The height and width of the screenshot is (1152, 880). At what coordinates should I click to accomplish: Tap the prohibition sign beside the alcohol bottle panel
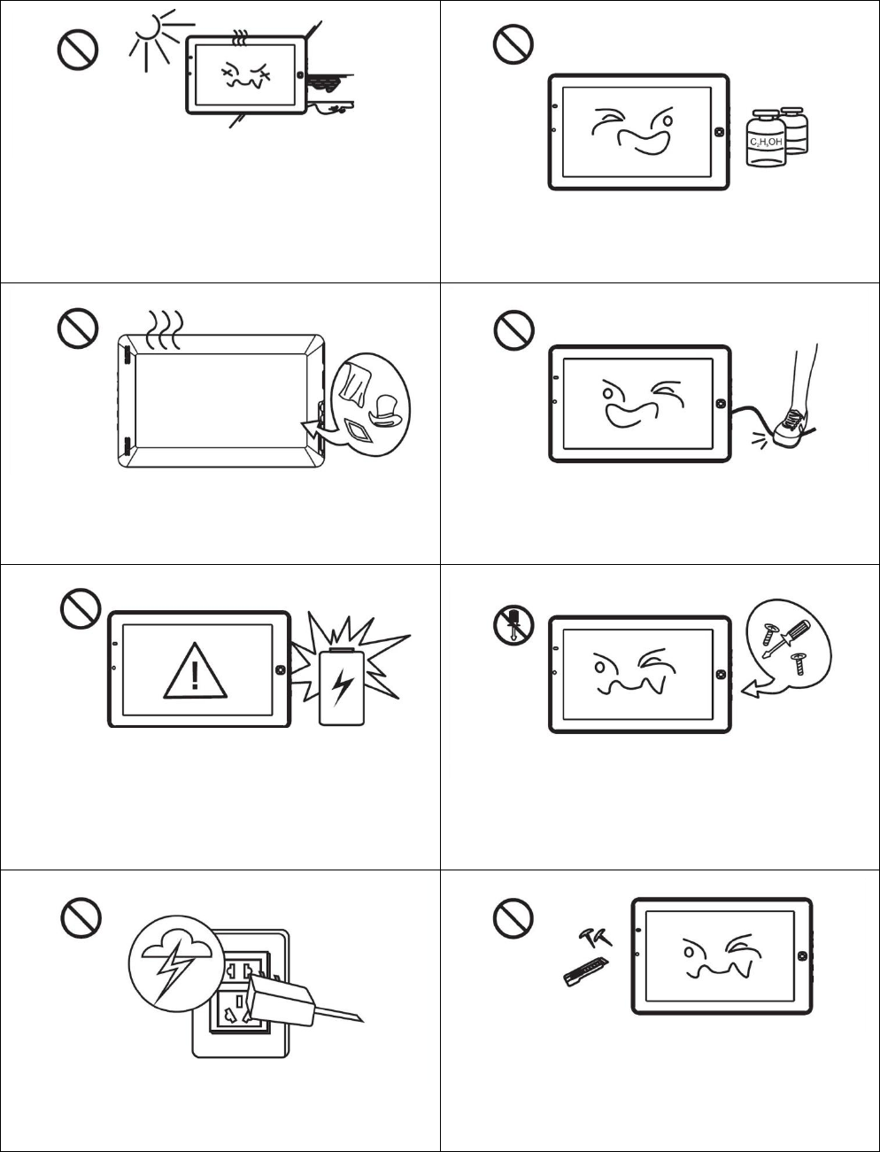[513, 43]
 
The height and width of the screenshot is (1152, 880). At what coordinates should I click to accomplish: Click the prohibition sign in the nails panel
[513, 922]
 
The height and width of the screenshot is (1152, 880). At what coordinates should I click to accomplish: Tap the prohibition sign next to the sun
[78, 51]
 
